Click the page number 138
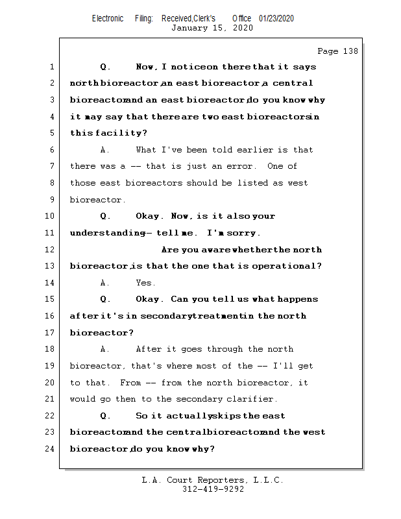[x=350, y=51]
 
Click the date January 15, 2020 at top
[x=212, y=28]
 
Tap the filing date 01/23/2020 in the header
[x=276, y=18]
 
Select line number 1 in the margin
[x=51, y=67]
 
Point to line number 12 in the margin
[x=49, y=250]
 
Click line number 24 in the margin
[x=49, y=449]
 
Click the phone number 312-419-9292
[x=213, y=490]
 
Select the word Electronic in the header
[x=108, y=18]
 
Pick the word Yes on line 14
[x=145, y=283]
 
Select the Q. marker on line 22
[x=106, y=416]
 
